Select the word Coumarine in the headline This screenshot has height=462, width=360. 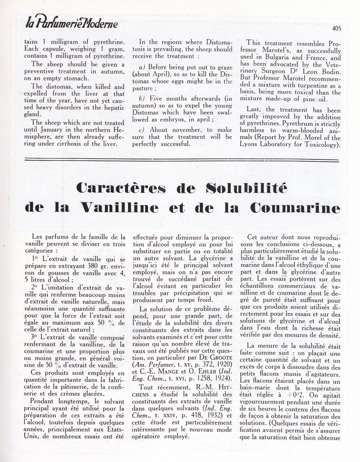click(x=296, y=208)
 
